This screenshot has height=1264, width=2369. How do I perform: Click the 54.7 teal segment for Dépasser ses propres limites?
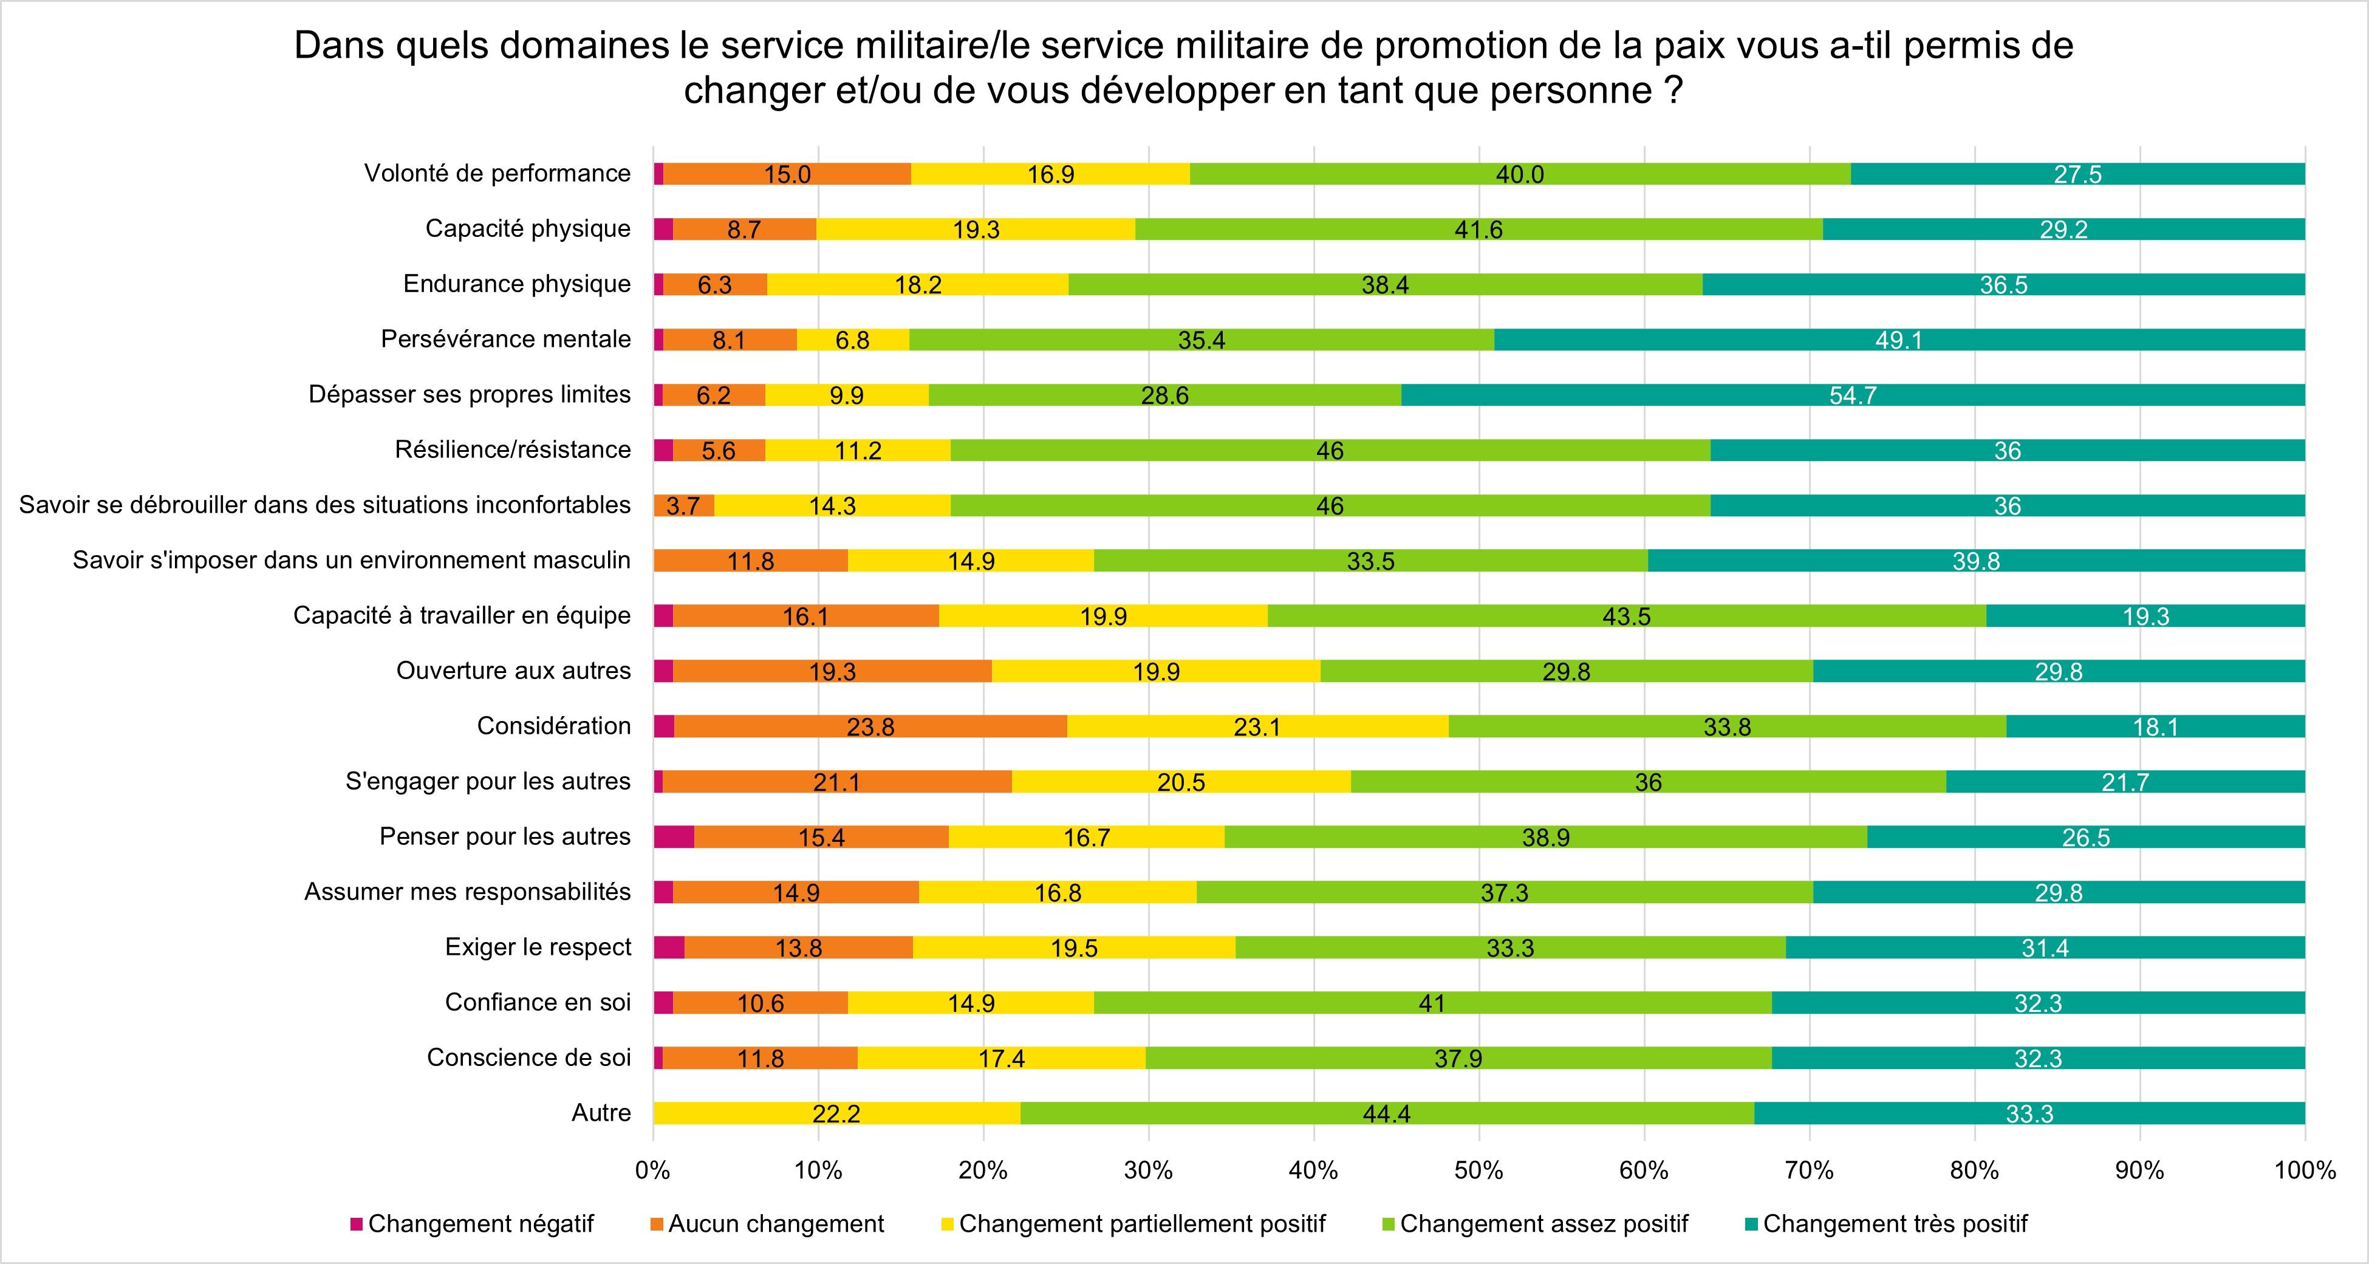point(1852,395)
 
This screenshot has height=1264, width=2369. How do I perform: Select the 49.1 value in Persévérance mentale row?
point(1898,340)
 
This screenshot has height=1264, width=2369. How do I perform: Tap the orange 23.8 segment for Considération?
point(870,727)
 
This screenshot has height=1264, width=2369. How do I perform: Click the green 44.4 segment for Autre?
point(1386,1114)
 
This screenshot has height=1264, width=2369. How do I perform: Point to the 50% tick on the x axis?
point(1478,1170)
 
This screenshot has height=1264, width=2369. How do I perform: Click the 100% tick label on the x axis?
point(2305,1170)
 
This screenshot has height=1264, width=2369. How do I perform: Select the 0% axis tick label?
point(653,1170)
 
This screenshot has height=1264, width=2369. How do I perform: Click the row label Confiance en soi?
point(538,1002)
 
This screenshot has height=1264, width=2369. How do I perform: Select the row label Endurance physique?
point(517,284)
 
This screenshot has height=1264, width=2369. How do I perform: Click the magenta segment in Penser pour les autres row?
point(673,836)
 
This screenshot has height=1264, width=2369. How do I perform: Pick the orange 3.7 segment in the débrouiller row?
point(683,505)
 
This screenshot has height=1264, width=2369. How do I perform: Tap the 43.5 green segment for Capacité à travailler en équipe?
point(1626,616)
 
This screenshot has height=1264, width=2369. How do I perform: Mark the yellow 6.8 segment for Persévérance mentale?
point(852,340)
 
